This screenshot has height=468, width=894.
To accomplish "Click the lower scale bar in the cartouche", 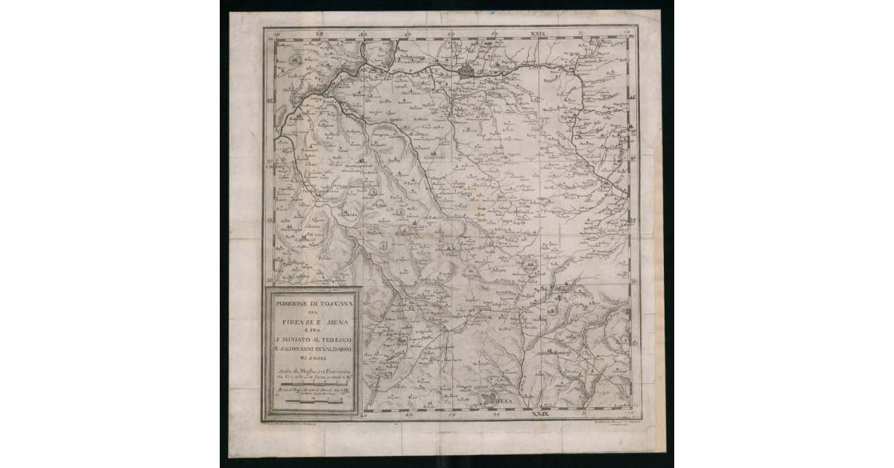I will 310,402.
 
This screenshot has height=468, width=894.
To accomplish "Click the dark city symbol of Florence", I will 468,72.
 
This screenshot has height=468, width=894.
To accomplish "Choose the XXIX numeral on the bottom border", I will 538,411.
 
